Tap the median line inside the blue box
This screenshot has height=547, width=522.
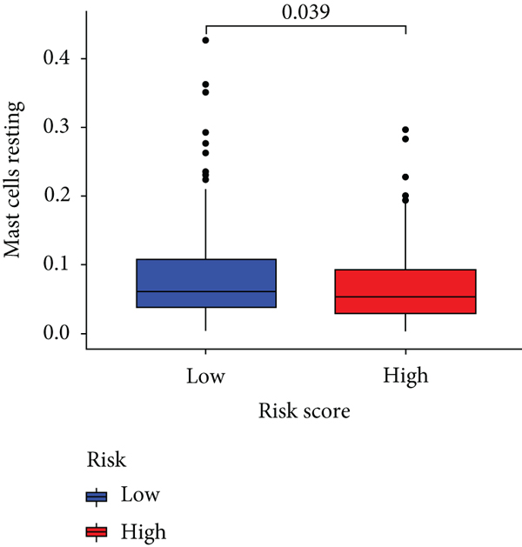(205, 291)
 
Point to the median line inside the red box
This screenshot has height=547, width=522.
(405, 297)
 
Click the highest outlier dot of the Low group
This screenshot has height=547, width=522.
(205, 40)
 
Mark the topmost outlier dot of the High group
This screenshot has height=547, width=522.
(405, 130)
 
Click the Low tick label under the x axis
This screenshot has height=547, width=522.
(205, 376)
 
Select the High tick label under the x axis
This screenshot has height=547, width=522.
(405, 376)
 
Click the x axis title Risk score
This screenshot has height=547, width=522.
(304, 412)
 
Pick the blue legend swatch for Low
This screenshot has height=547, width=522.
(96, 496)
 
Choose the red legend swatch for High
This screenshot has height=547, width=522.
(96, 530)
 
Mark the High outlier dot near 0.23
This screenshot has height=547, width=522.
(405, 177)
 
